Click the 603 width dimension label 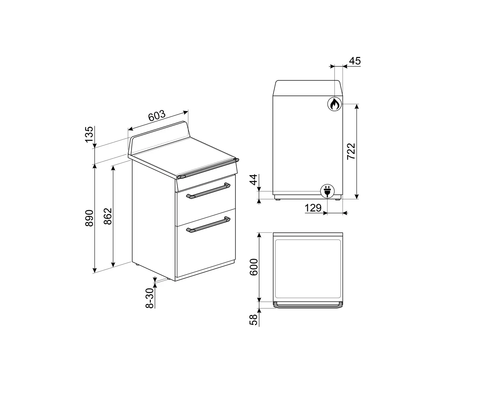point(157,116)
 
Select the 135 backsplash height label point(89,134)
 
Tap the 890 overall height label point(89,218)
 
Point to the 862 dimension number point(108,216)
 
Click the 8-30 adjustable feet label point(150,298)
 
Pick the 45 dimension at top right point(355,61)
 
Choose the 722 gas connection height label point(351,151)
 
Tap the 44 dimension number point(253,180)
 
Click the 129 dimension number point(313,208)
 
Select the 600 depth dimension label point(254,267)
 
